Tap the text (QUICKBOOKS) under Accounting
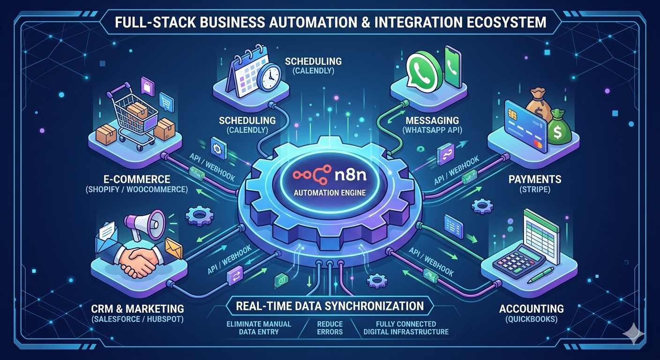[531, 320]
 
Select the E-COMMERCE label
[136, 180]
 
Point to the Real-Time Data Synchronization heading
[330, 306]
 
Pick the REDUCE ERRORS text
[330, 328]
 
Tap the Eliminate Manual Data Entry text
[258, 328]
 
